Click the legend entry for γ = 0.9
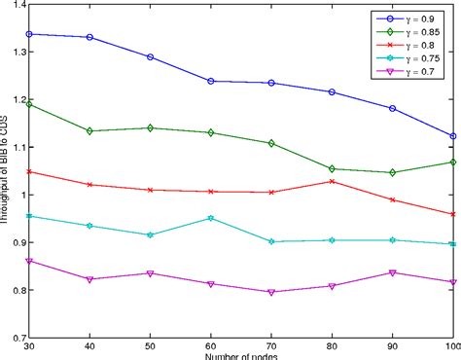409,18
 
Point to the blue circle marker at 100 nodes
451,136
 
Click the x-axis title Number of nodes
242,356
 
